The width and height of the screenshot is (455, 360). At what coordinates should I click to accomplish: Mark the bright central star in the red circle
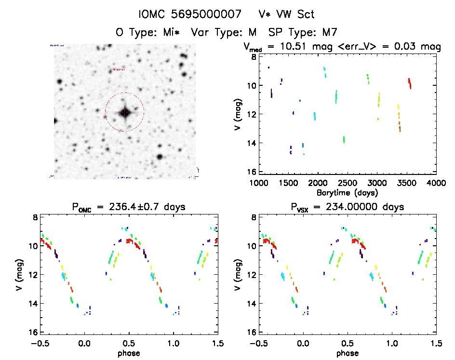pos(125,112)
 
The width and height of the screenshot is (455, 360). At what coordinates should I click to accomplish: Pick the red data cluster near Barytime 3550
pos(409,83)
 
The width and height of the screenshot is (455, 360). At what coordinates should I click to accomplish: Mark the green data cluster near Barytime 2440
pos(344,139)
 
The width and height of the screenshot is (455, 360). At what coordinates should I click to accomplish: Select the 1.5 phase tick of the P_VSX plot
pos(436,343)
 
